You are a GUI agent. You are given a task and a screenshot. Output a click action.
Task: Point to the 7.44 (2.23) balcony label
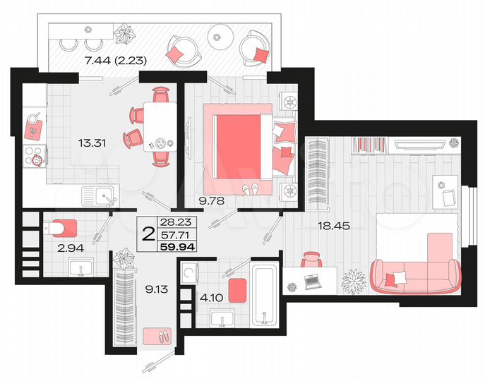click(x=114, y=61)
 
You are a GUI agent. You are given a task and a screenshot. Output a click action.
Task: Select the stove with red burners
click(x=33, y=160)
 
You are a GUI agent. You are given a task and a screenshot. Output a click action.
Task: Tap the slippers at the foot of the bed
click(x=251, y=188)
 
